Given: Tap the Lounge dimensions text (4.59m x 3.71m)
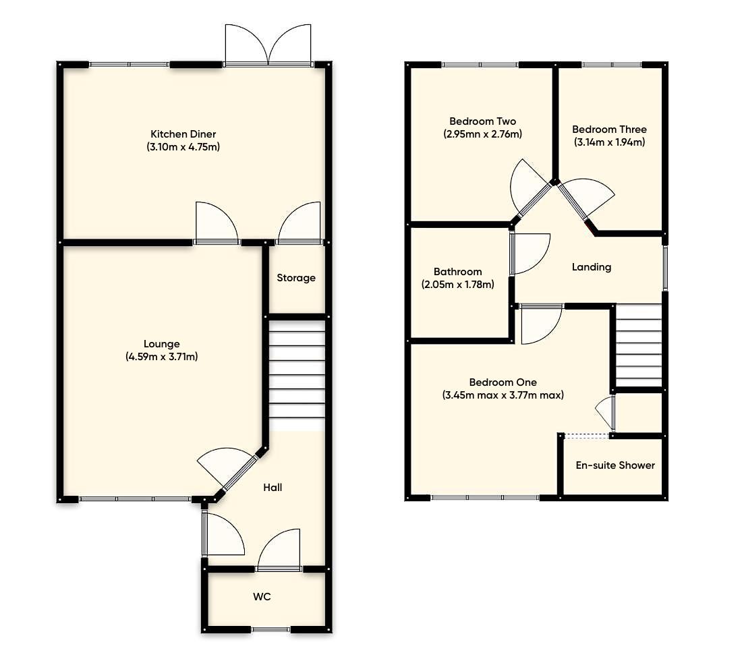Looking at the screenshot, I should pos(161,357).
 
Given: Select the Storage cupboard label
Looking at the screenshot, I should pos(296,278).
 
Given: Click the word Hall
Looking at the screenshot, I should pos(273,487).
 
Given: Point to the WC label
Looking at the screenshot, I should pos(262,597).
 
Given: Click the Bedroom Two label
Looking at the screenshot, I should pos(482,121).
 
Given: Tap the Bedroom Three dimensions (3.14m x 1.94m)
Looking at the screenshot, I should pos(609,142).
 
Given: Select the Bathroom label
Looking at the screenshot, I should pos(457,272).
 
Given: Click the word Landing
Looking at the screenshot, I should pos(592,267).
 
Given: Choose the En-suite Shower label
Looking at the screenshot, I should pos(615,465).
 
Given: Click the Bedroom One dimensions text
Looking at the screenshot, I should pos(503,395).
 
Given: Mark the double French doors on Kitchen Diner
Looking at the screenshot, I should pos(268,46).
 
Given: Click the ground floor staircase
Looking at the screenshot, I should pos(297,374).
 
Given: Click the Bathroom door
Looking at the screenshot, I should pos(529,254).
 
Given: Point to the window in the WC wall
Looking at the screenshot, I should pos(271,629).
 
